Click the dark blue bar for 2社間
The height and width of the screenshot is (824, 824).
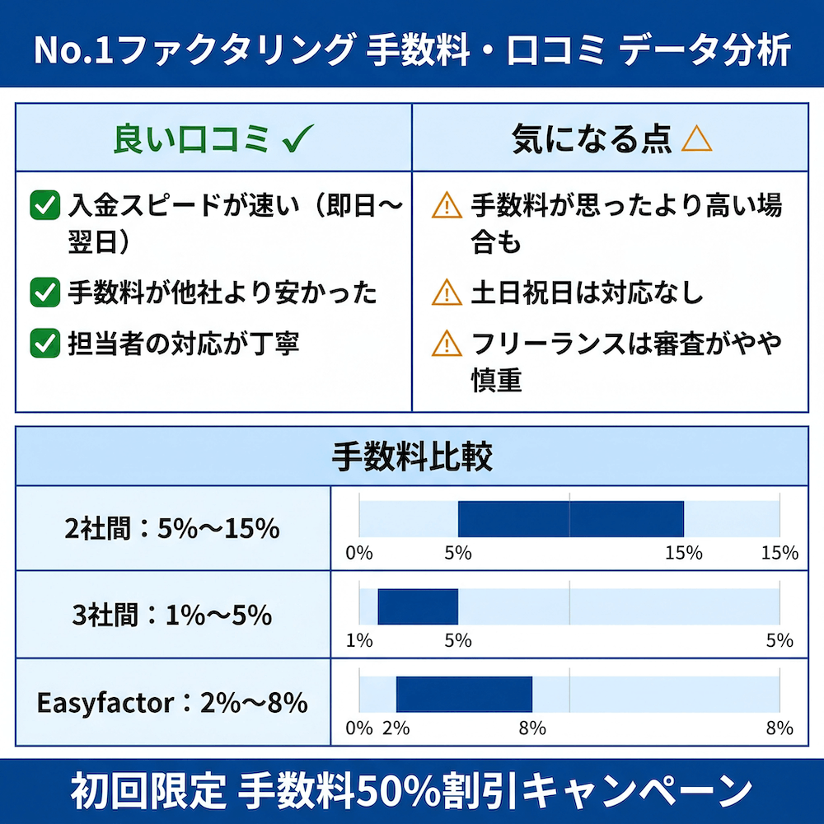(x=570, y=519)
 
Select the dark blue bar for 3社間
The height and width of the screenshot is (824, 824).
(x=418, y=606)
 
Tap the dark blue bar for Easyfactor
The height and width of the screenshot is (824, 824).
(x=464, y=694)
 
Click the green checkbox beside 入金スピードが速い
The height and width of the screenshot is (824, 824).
(x=44, y=205)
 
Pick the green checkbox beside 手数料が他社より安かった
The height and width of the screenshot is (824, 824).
(x=44, y=292)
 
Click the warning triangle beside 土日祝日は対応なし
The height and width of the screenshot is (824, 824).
(x=447, y=292)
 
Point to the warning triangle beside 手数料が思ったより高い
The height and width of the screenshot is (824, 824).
(x=447, y=205)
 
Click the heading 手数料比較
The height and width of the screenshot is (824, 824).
(x=412, y=456)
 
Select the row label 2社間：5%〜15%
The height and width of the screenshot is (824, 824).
(x=172, y=528)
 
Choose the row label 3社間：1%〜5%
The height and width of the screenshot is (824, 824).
(x=172, y=616)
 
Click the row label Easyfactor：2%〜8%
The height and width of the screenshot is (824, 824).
(x=172, y=703)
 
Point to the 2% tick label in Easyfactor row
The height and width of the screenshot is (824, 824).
(x=396, y=728)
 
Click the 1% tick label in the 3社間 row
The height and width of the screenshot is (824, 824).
(x=359, y=640)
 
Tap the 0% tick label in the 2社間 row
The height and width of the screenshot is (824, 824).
(x=359, y=553)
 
